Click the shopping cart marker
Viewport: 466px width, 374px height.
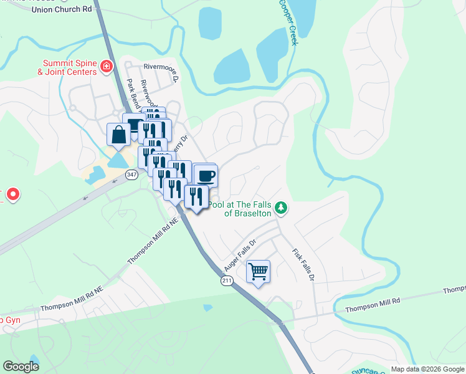click(258, 271)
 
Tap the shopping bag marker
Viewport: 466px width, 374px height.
click(118, 134)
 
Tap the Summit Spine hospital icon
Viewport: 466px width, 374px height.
click(107, 65)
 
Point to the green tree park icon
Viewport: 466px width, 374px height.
click(281, 207)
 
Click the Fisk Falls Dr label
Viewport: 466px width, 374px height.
click(303, 264)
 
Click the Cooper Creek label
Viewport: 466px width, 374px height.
click(287, 23)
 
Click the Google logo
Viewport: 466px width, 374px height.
click(21, 367)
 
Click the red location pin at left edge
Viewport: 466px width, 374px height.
click(13, 195)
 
